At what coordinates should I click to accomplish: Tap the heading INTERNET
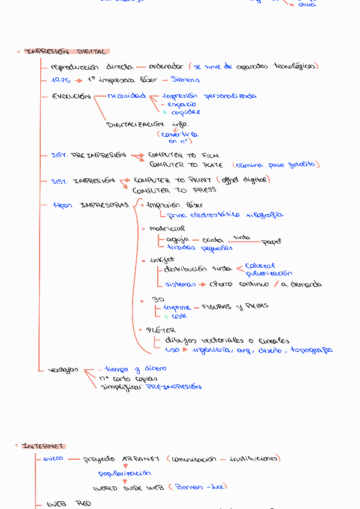point(43,446)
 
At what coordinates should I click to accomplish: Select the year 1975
point(61,80)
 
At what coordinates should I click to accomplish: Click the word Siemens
point(185,79)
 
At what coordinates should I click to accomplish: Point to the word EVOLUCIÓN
point(71,96)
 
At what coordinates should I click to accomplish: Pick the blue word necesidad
point(127,96)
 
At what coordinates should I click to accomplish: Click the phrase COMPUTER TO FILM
point(181,155)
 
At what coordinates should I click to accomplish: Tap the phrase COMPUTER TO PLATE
point(186,164)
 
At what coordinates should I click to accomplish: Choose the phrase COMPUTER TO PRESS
point(174,190)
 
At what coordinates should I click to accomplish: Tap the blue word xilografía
point(264,214)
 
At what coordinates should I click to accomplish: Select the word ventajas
point(63,370)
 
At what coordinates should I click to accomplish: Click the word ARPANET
point(141,459)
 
